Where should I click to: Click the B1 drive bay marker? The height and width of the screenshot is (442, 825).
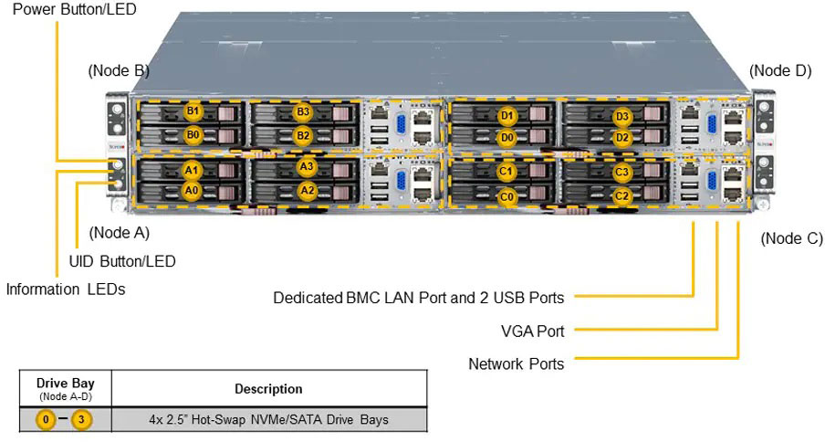193,111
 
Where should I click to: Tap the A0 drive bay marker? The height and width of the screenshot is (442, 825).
191,191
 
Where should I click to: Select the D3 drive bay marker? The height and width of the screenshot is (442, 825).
622,117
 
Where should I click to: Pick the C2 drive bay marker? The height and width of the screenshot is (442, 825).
622,195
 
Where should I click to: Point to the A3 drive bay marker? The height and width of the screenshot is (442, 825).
307,167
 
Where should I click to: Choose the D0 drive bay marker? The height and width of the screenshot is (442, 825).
507,138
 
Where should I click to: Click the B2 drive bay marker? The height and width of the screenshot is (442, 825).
304,136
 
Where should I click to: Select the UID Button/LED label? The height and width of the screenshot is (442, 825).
122,261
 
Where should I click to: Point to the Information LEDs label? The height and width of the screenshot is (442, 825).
65,289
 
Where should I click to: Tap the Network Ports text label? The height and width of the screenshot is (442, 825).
516,363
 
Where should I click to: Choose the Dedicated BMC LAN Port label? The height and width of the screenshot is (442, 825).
418,298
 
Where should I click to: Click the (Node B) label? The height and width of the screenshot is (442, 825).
119,71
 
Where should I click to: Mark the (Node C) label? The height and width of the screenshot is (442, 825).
791,238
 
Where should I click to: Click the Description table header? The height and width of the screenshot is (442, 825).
268,389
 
